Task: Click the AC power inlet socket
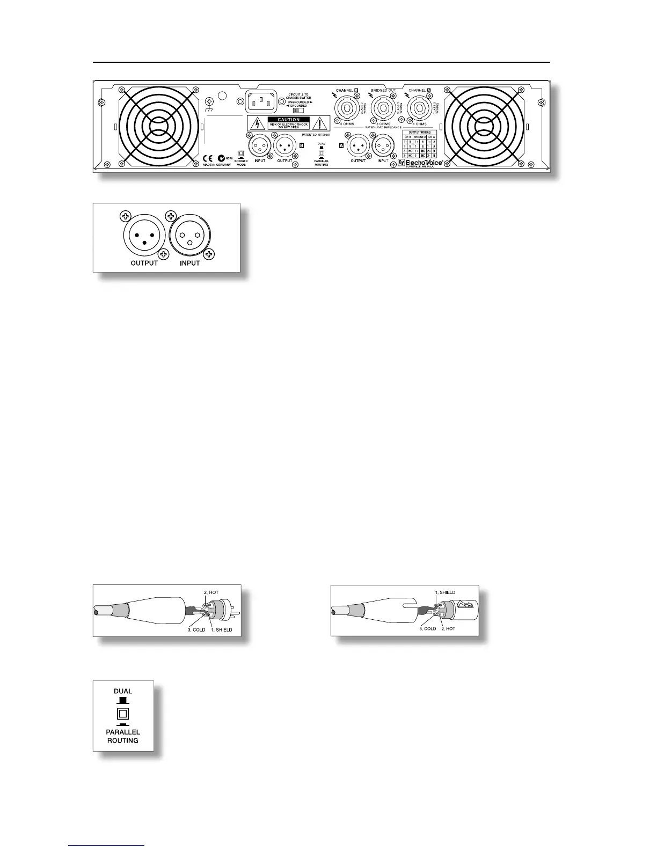tap(261, 101)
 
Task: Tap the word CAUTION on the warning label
tap(289, 120)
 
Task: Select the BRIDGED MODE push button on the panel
tap(240, 153)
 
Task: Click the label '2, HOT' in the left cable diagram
tap(211, 592)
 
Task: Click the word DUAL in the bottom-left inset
tap(123, 691)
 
